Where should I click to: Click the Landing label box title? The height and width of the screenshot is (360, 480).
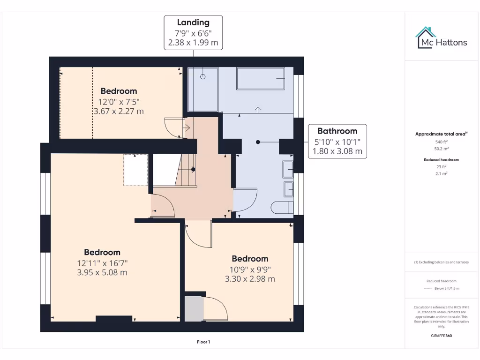pos(193,22)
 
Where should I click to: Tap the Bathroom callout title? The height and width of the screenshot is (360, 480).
pos(337,131)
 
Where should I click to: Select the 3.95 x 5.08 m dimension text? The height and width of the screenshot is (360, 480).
pos(102,272)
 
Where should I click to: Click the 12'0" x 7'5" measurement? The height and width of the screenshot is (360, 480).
pos(119,101)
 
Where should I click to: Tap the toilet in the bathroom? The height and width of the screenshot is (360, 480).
pos(283,207)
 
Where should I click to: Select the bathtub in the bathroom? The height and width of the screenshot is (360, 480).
pos(261,79)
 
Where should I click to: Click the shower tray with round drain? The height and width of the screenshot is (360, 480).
pos(203,89)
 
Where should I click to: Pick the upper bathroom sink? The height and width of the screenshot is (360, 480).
pos(288,169)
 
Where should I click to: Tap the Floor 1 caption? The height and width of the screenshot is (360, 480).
pos(203,342)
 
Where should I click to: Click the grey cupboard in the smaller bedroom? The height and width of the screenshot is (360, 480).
pos(194,309)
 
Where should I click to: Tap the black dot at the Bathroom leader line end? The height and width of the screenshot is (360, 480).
pos(257,142)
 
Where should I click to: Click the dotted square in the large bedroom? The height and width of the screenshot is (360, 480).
pos(135,170)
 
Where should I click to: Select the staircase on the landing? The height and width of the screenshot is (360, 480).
pos(185,170)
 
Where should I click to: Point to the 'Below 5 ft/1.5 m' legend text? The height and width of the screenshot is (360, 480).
pos(447,288)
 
